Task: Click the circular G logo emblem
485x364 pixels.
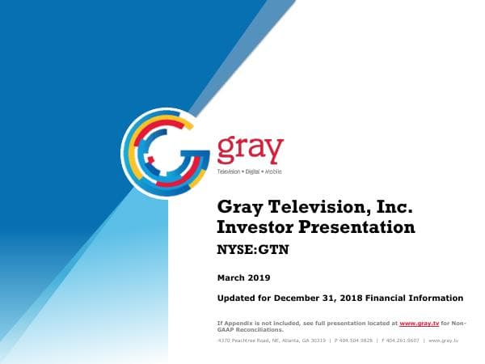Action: point(165,150)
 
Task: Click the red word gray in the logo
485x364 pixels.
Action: point(251,150)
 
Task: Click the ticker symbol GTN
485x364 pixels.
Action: point(271,250)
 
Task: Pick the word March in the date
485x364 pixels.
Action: point(231,277)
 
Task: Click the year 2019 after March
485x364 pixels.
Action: point(259,277)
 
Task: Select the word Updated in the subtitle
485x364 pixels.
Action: point(239,298)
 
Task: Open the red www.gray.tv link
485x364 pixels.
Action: point(419,324)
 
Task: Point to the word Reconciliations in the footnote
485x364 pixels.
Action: point(257,330)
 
